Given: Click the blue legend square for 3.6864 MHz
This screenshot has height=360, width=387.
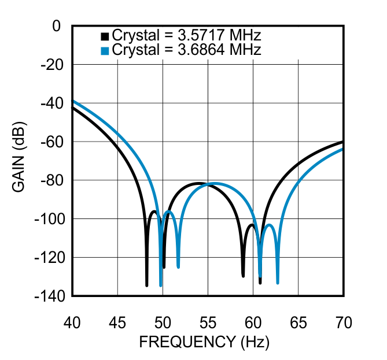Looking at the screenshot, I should click(x=105, y=51).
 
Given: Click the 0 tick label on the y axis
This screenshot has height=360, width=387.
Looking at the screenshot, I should click(x=56, y=26).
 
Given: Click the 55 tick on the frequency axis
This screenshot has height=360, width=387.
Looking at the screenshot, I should click(x=208, y=323).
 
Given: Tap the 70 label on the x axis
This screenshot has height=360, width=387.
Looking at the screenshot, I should click(x=344, y=323).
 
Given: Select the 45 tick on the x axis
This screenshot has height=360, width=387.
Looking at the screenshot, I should click(x=117, y=323).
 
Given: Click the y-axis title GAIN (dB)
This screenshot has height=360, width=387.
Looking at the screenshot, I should click(x=20, y=161).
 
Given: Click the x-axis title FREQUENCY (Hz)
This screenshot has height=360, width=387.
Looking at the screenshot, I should click(x=204, y=342).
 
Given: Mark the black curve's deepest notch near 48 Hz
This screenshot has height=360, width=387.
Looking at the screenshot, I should click(x=146, y=285).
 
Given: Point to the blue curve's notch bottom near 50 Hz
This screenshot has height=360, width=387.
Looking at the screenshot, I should click(x=160, y=285).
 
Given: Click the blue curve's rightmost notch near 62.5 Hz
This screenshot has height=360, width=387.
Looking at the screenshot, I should click(x=278, y=283).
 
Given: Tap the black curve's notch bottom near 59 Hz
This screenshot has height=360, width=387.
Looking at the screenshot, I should click(x=243, y=276).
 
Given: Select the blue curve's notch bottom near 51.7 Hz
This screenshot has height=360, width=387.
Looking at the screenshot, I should click(x=178, y=267).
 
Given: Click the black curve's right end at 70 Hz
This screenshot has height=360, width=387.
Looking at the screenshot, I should click(x=344, y=142).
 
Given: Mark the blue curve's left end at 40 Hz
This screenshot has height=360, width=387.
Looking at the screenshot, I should click(x=72, y=101).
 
